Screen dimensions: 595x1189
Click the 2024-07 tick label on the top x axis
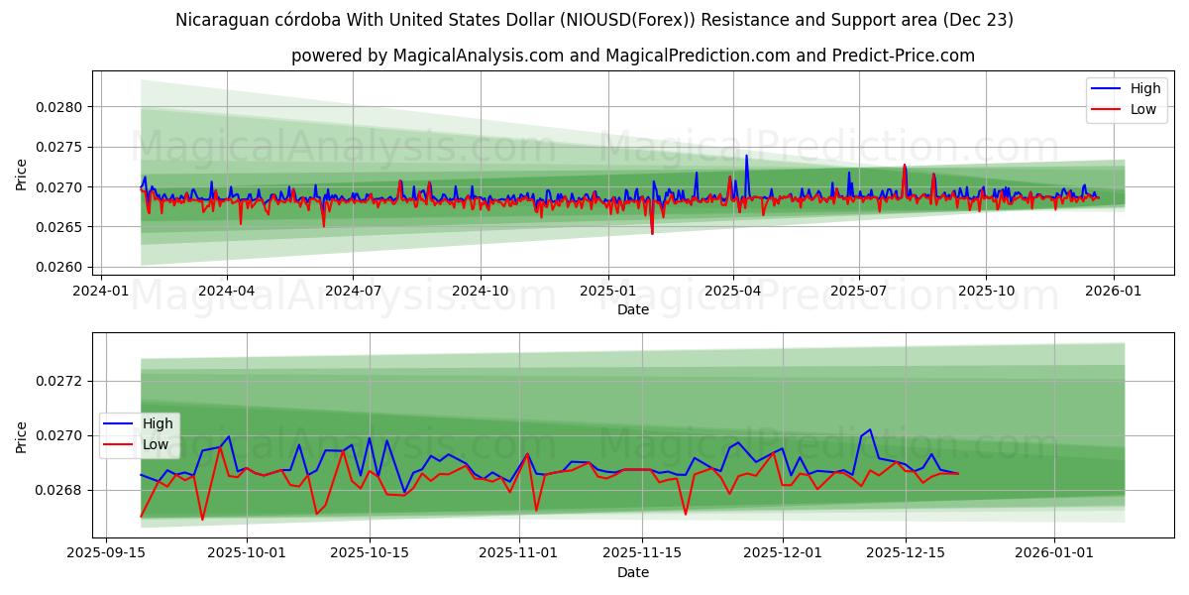pyautogui.click(x=354, y=291)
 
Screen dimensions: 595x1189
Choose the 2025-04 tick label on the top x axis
pyautogui.click(x=733, y=291)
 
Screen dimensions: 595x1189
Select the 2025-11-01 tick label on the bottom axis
pyautogui.click(x=519, y=553)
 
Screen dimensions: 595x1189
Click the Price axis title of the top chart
pyautogui.click(x=21, y=174)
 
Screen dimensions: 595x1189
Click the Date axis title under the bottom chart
pyautogui.click(x=633, y=572)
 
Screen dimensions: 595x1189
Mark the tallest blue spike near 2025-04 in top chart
pyautogui.click(x=746, y=156)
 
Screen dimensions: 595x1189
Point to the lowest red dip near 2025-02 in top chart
pyautogui.click(x=652, y=233)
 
